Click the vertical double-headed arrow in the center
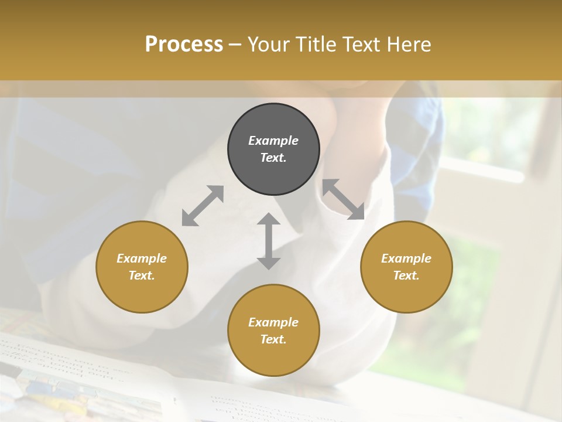269,241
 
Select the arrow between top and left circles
203,206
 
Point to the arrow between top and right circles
343,199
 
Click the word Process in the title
184,44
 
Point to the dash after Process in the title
235,45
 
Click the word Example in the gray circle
273,141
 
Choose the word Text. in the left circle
142,275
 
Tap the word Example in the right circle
406,258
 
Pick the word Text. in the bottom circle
273,339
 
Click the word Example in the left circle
142,258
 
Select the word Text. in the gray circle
273,158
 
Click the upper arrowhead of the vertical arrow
269,219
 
